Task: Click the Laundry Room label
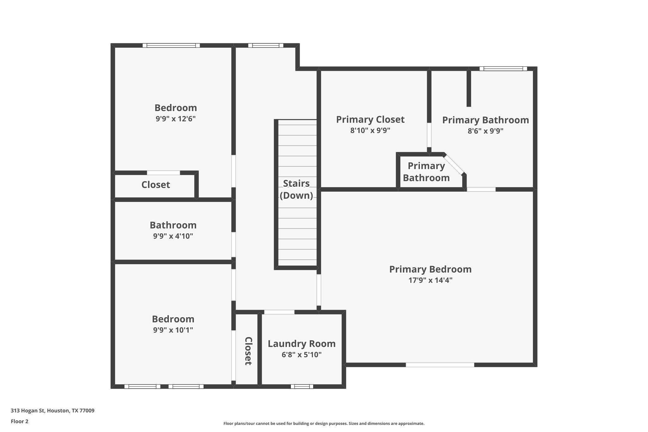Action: [x=302, y=344]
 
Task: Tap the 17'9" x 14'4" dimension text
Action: [x=430, y=280]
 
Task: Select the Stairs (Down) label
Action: [x=296, y=189]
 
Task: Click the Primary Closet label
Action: [x=370, y=120]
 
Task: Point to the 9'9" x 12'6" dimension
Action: [x=176, y=119]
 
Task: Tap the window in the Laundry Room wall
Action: [x=302, y=386]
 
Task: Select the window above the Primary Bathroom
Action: [x=503, y=69]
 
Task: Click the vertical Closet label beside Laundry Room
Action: [x=248, y=351]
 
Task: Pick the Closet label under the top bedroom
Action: [x=156, y=185]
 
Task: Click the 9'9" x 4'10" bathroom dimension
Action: [x=173, y=236]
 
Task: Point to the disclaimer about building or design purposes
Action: [x=324, y=423]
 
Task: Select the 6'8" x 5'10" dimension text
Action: [x=302, y=355]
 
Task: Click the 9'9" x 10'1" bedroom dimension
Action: [x=173, y=330]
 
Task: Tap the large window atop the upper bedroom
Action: [x=171, y=46]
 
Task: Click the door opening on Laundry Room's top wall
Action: [x=279, y=312]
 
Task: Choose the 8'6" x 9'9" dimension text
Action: [x=485, y=131]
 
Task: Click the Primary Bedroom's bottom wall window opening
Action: [x=440, y=365]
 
